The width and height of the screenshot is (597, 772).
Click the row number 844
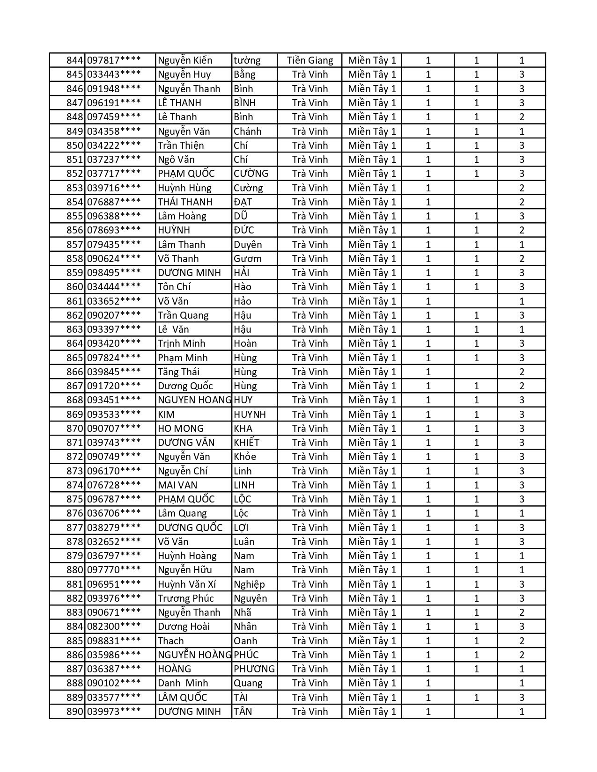74,60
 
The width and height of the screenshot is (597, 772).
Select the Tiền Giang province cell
310,60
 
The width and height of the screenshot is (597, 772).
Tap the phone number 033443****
114,74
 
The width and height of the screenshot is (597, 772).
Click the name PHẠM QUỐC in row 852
186,174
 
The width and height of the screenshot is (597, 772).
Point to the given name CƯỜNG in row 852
251,174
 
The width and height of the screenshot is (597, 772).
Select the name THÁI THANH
185,202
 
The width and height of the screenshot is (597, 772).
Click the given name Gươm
248,259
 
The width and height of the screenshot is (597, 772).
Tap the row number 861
74,301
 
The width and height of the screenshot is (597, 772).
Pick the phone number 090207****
114,315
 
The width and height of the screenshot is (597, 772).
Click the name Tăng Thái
178,372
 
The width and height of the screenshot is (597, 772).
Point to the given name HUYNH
250,415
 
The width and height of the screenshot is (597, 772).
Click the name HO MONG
181,429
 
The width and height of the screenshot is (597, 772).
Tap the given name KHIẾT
246,443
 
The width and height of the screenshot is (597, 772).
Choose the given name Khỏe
245,457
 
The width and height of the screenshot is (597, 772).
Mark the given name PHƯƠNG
254,669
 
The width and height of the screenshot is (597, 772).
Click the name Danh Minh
183,683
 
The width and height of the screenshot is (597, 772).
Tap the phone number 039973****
114,712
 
